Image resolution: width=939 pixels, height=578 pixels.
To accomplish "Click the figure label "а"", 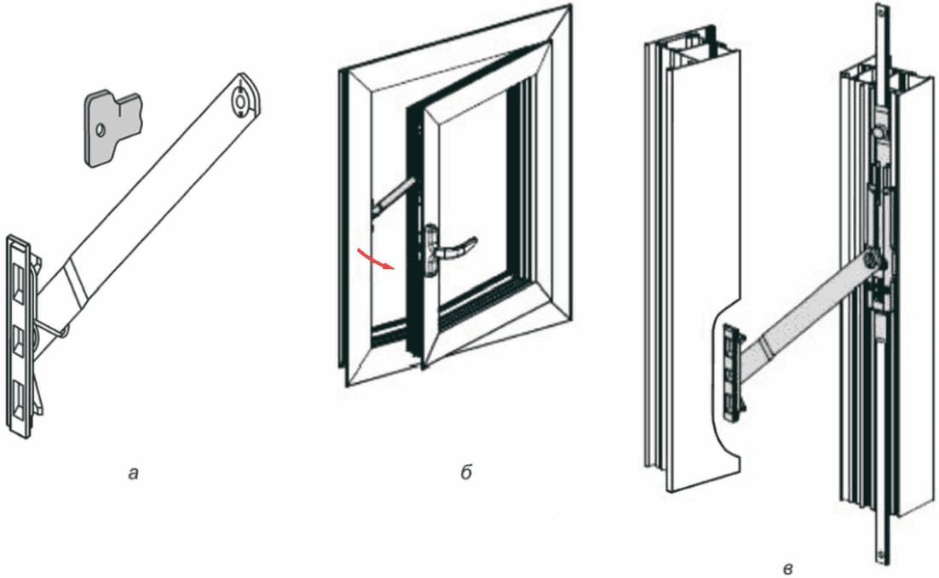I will (x=132, y=474).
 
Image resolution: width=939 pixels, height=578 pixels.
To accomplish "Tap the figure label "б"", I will (x=465, y=473).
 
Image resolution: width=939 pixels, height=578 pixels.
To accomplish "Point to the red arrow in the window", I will (x=375, y=259).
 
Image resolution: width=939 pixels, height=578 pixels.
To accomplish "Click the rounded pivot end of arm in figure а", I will (x=242, y=99).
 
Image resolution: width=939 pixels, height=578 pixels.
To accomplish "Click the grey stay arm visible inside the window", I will (x=392, y=195).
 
